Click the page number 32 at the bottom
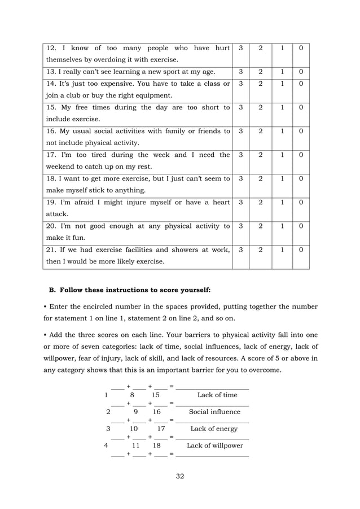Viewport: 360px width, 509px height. tap(180, 476)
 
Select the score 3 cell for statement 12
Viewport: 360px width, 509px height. tap(241, 49)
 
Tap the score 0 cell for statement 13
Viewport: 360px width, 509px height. tap(301, 72)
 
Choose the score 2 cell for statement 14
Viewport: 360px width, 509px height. tap(261, 84)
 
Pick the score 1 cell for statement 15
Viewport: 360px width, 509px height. tap(282, 107)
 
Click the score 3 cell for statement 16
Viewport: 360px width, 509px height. tap(241, 131)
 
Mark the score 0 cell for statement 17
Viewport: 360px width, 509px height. tap(301, 155)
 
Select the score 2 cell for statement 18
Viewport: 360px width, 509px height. tap(261, 179)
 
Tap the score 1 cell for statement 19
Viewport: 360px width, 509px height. tap(282, 203)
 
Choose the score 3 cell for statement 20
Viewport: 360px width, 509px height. tap(241, 226)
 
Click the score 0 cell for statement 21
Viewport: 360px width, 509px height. tap(301, 249)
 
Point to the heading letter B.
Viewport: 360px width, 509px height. tap(52, 290)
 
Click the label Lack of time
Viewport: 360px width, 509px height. tap(217, 395)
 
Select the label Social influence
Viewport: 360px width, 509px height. tap(214, 412)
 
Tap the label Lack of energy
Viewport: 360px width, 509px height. tap(214, 429)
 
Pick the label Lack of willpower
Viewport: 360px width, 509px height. tap(215, 445)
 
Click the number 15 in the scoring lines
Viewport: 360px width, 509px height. tap(156, 395)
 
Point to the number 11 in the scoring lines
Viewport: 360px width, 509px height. tap(136, 445)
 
